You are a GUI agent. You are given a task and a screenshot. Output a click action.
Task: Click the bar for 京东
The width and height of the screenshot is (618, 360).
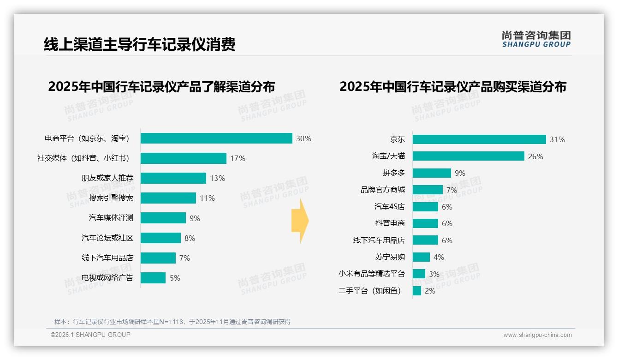479,139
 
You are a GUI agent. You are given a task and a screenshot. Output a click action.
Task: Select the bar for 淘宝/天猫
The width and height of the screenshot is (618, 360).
468,156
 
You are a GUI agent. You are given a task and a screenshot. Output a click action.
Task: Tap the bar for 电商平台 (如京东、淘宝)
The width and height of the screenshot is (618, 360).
216,138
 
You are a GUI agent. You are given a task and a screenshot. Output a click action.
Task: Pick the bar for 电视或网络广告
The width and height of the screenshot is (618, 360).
153,278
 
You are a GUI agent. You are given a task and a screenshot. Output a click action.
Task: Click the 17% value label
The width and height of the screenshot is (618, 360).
238,158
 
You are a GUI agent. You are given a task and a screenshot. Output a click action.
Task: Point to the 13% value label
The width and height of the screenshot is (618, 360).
217,178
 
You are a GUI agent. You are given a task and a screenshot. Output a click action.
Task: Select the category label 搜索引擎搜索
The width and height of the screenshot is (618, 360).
111,198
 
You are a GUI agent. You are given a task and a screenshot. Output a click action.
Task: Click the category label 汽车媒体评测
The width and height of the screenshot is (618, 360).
111,218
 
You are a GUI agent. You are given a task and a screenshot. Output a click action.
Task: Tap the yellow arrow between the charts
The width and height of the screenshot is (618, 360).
300,221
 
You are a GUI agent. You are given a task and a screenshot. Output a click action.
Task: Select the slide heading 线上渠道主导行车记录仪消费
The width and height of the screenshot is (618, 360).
139,44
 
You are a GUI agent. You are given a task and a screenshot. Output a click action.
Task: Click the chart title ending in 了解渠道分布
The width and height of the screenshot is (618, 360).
161,87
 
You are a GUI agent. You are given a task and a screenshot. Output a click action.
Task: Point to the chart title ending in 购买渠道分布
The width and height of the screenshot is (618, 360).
453,87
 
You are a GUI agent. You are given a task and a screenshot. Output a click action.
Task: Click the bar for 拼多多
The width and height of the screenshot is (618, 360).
432,173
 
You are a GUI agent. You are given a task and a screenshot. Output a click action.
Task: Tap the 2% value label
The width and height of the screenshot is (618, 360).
430,291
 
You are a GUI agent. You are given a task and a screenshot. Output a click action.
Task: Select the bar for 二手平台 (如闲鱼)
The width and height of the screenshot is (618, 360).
417,291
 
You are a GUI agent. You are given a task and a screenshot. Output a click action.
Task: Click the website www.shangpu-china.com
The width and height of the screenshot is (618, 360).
537,335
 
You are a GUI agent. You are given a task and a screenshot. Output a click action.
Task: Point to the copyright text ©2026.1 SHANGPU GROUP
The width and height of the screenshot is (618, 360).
90,335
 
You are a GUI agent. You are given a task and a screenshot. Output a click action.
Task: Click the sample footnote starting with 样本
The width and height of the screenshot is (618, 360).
172,322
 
